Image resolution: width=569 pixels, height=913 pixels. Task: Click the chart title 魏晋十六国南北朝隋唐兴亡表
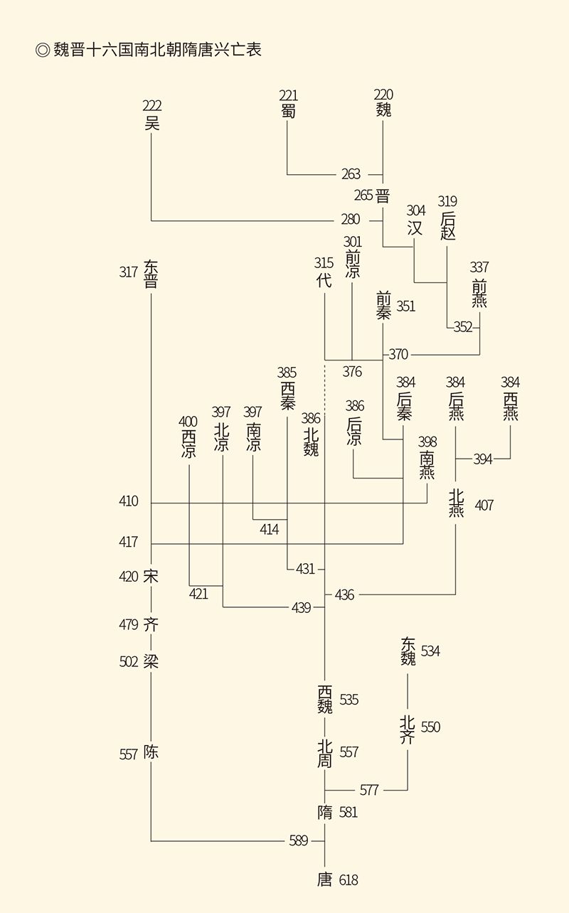pos(156,50)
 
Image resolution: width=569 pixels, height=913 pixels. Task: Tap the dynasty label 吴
pos(151,123)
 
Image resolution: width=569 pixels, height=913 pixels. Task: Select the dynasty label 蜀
pos(288,111)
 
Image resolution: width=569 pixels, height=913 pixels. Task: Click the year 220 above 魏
pos(383,95)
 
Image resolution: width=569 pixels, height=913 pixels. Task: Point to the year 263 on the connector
pos(351,174)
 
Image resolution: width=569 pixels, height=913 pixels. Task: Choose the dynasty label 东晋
pos(151,274)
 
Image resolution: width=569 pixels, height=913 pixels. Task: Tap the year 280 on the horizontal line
pos(351,220)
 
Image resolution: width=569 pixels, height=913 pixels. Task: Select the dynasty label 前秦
pos(383,305)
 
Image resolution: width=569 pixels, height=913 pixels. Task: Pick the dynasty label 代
pos(324,279)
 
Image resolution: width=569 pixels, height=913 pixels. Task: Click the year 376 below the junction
pos(352,371)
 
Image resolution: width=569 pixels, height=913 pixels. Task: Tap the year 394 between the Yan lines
pos(483,459)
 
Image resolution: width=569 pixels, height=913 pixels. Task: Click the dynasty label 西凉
pos(188,443)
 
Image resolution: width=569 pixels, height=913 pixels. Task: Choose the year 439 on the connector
pos(301,607)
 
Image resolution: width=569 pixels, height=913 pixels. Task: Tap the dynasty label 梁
pos(151,662)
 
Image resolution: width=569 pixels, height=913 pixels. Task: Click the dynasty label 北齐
pos(407,730)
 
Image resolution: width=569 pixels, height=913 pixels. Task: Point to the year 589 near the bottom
pos(299,841)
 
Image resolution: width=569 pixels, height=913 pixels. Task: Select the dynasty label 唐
pos(324,880)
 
